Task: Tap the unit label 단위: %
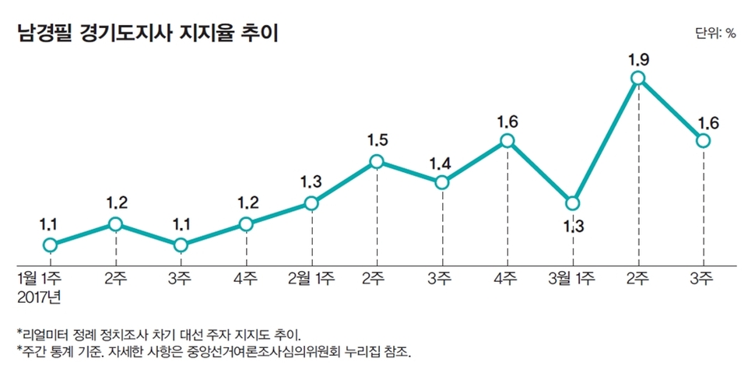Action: pyautogui.click(x=714, y=33)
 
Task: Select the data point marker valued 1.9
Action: pyautogui.click(x=638, y=77)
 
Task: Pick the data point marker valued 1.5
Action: pyautogui.click(x=377, y=161)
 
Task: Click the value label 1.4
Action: pyautogui.click(x=441, y=163)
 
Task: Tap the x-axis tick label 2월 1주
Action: pyautogui.click(x=311, y=277)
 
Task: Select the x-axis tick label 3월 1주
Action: pyautogui.click(x=571, y=277)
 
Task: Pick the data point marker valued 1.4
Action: pyautogui.click(x=441, y=182)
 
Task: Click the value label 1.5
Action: pyautogui.click(x=377, y=141)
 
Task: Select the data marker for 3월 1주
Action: pyautogui.click(x=573, y=203)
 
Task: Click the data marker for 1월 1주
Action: pyautogui.click(x=50, y=245)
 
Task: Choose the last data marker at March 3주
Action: pyautogui.click(x=704, y=140)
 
